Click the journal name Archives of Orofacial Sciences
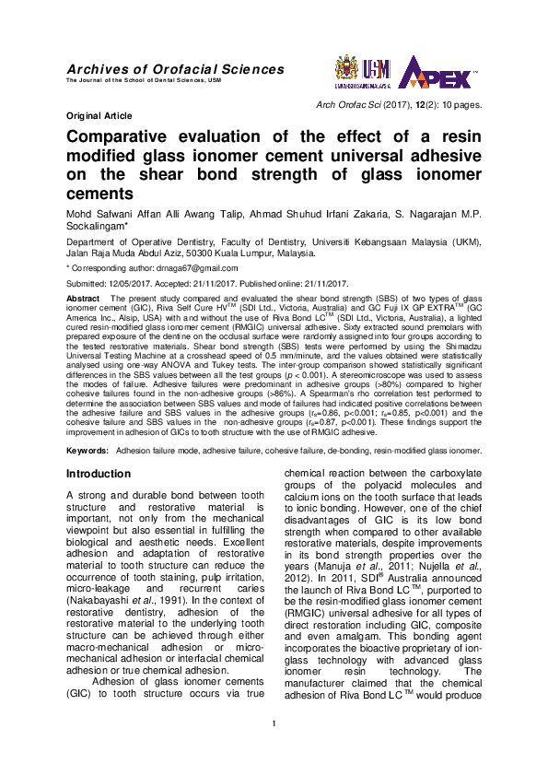click(x=175, y=69)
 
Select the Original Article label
click(x=99, y=117)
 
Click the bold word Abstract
click(x=85, y=300)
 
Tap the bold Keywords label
click(x=87, y=452)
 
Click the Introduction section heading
click(x=99, y=474)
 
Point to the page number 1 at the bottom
click(x=274, y=734)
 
